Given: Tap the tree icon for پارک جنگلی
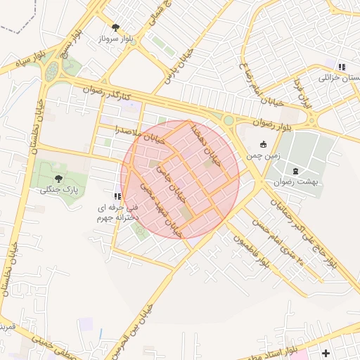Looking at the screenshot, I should (x=57, y=179).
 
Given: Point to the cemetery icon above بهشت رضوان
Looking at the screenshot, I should (x=295, y=171).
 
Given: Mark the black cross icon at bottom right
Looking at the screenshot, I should (x=325, y=353).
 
